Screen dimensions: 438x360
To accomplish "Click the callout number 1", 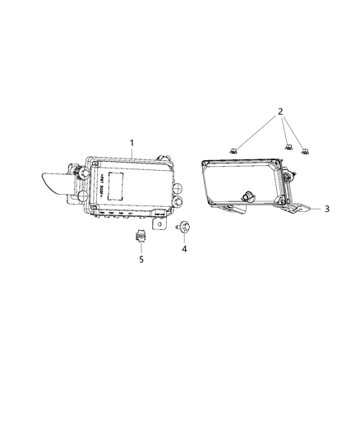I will [x=132, y=142].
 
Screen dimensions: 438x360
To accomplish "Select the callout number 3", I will [x=326, y=209].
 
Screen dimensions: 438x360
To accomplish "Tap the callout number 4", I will [x=184, y=248].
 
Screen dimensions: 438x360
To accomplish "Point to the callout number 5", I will [x=141, y=260].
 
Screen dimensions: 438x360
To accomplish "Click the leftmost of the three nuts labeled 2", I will [x=234, y=149].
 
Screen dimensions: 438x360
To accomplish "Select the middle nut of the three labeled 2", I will [x=288, y=147].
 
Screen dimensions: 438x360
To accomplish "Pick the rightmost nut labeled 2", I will [x=307, y=150].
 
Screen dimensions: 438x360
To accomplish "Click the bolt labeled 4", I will [x=182, y=225].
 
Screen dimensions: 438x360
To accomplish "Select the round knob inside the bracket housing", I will [x=247, y=196].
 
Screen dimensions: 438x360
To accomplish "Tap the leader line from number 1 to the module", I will [x=130, y=151].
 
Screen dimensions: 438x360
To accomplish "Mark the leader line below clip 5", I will [x=141, y=248].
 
